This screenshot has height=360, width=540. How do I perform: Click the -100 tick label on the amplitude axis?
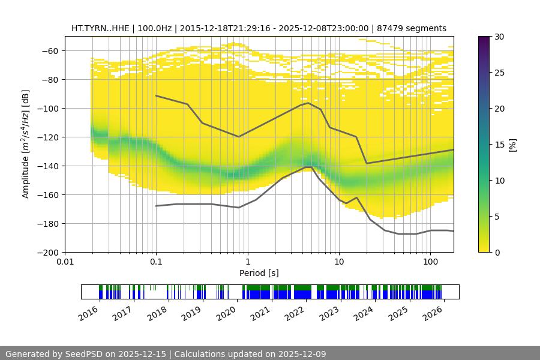(x=50, y=108)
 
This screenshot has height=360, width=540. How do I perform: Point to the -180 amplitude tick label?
(x=50, y=223)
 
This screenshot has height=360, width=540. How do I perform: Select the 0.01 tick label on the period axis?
(x=65, y=262)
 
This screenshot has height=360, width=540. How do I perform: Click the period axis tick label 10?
(x=339, y=262)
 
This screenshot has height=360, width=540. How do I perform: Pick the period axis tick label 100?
(x=430, y=262)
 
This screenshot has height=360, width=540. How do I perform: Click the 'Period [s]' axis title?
(x=259, y=273)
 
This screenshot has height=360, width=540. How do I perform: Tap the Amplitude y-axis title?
(x=25, y=144)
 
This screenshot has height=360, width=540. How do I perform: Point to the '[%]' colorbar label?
(x=512, y=144)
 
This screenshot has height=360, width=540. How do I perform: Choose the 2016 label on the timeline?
(x=89, y=313)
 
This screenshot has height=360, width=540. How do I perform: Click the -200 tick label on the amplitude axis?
(x=50, y=252)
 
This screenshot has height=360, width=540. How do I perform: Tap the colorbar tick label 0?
(x=496, y=252)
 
